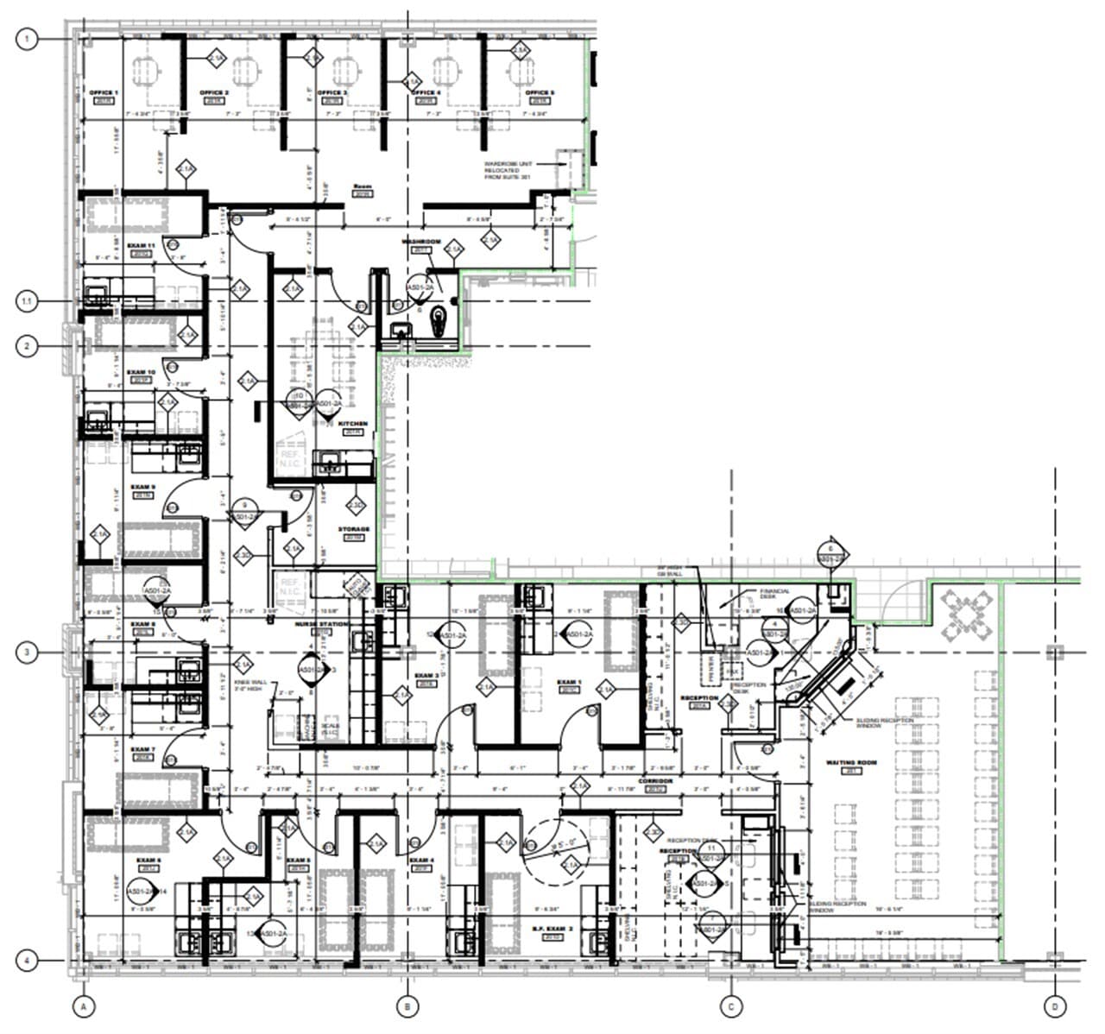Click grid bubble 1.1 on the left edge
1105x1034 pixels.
point(28,301)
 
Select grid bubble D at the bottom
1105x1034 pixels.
point(1054,1006)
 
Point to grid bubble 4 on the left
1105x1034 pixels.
point(28,960)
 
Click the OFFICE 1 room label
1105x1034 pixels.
point(104,92)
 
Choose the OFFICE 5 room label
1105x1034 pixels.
point(540,92)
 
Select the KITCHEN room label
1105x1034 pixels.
point(353,424)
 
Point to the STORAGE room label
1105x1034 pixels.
point(353,529)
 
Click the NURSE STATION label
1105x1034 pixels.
point(321,623)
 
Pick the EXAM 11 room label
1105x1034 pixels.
point(141,246)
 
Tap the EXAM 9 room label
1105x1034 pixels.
point(142,487)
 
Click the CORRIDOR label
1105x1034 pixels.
point(655,781)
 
